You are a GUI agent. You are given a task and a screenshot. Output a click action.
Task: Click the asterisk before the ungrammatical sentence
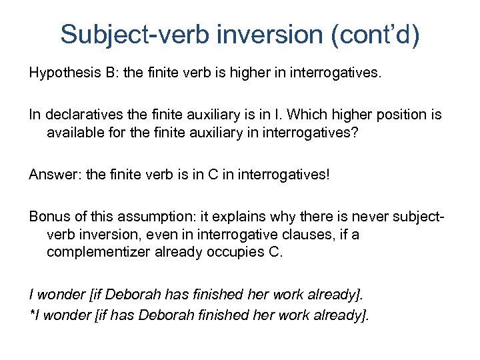(x=31, y=313)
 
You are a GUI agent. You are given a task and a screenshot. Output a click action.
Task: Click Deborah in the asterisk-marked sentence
(x=155, y=313)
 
